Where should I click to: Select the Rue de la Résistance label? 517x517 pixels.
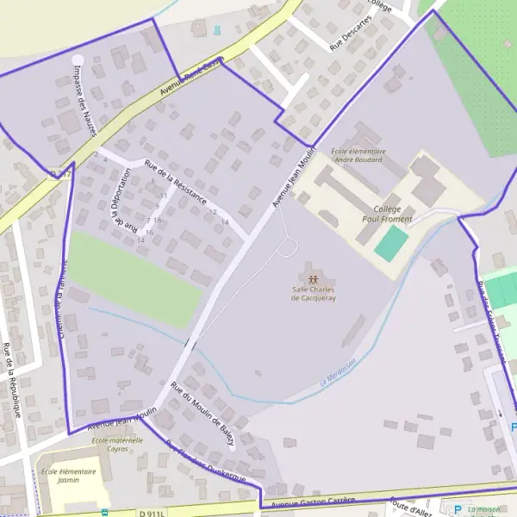178,183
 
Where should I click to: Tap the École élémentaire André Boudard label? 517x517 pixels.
358,155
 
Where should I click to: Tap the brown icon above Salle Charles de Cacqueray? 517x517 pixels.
313,279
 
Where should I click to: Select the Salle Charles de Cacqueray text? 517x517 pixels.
313,294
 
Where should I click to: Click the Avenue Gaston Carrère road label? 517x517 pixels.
313,502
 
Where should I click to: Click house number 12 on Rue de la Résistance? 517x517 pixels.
212,212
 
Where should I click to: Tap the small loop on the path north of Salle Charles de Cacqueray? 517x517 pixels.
289,248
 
